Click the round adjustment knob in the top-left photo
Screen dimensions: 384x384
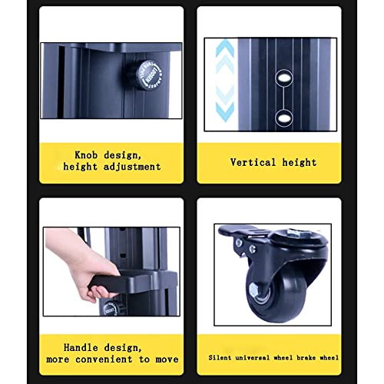click(x=147, y=75)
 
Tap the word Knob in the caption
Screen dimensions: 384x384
click(x=86, y=155)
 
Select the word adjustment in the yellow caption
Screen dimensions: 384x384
click(x=132, y=167)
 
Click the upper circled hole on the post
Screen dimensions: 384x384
click(x=284, y=78)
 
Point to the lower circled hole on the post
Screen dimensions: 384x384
click(x=284, y=118)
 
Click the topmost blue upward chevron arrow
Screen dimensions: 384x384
click(x=225, y=48)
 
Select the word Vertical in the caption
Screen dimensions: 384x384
click(x=253, y=162)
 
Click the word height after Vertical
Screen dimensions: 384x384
click(x=300, y=162)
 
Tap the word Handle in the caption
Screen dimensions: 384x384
click(x=81, y=347)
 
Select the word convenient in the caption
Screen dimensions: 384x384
click(x=104, y=359)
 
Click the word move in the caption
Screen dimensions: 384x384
click(x=167, y=359)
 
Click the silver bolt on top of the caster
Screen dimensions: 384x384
click(x=296, y=233)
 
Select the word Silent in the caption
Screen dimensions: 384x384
click(x=220, y=358)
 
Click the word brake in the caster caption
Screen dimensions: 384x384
click(x=306, y=358)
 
